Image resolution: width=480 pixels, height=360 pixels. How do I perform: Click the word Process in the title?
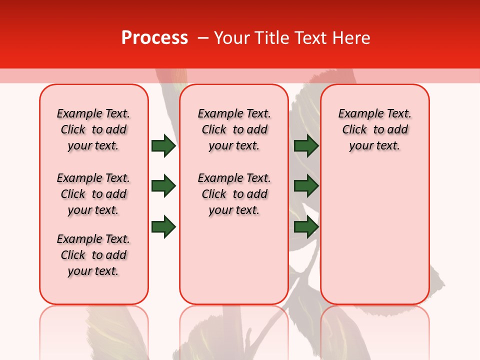[154, 38]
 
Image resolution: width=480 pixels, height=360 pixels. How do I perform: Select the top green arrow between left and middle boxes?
[163, 145]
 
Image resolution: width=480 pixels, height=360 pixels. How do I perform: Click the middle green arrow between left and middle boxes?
[163, 186]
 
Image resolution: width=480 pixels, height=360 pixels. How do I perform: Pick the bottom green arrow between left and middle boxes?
[163, 226]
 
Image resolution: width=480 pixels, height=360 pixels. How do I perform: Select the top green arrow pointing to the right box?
[306, 145]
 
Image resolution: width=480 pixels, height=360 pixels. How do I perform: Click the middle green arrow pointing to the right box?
[306, 186]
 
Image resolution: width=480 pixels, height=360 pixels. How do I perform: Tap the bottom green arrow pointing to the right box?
[306, 226]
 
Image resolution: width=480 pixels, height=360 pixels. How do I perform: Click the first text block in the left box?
[93, 129]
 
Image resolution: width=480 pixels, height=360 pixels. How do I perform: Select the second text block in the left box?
[93, 194]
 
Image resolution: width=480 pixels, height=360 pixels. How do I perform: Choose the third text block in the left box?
[93, 255]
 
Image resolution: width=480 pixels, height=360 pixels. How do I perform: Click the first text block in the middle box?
[234, 129]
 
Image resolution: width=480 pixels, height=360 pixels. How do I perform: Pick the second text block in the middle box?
[234, 194]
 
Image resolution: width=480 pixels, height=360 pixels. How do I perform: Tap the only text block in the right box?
[374, 129]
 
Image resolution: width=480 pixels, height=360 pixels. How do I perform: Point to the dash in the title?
[203, 38]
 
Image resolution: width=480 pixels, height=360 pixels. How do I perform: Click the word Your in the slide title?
[232, 38]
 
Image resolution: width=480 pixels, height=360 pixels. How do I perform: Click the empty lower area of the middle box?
[234, 260]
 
